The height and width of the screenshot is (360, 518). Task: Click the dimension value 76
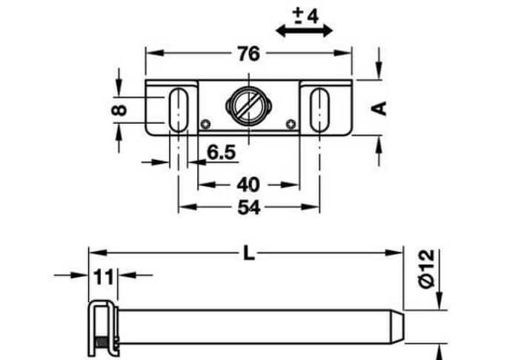248,54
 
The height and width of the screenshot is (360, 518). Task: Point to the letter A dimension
379,107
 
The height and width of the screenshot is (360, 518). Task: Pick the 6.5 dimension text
221,153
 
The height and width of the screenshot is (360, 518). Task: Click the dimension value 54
248,209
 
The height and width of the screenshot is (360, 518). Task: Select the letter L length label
249,254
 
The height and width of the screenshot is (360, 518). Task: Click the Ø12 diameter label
425,269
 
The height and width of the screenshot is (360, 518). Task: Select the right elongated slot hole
319,109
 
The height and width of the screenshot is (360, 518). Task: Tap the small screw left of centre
205,124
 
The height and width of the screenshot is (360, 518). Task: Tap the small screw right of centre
293,124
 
